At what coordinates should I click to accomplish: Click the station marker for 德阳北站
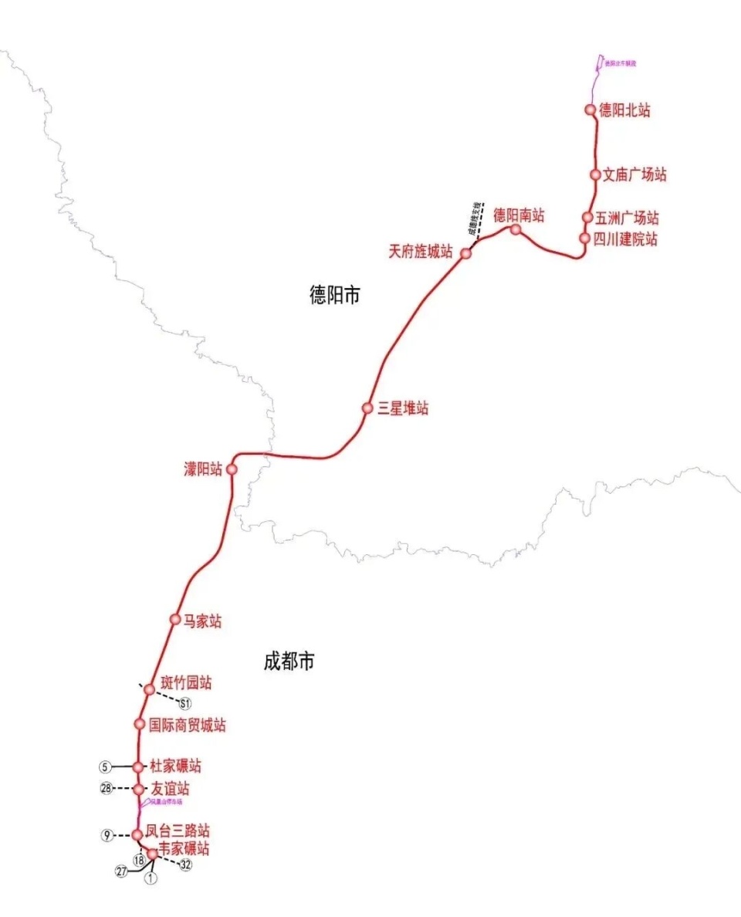(591, 110)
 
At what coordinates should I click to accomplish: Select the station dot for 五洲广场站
(588, 218)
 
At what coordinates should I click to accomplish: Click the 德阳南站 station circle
(516, 229)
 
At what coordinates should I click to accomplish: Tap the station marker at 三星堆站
(367, 408)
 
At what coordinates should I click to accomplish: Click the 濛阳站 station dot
(231, 469)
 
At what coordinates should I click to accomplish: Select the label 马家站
(202, 621)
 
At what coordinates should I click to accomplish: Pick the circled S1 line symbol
(184, 703)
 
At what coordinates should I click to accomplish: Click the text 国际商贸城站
(188, 726)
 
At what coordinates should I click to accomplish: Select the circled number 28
(107, 788)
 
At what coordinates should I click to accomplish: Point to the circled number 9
(107, 835)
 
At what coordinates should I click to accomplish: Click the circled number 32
(185, 865)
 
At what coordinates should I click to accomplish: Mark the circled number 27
(121, 871)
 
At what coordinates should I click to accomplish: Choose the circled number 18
(140, 859)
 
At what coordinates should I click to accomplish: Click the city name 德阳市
(335, 295)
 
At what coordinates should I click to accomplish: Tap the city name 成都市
(289, 662)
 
